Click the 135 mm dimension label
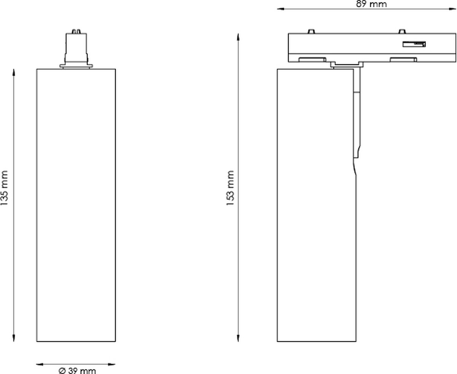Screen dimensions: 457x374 click(4, 188)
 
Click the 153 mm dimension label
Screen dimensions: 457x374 click(230, 188)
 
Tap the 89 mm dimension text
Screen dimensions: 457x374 click(371, 4)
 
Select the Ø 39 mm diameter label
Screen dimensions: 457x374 click(77, 370)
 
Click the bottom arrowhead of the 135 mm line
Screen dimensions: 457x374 click(14, 338)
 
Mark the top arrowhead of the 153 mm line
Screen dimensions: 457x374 click(238, 37)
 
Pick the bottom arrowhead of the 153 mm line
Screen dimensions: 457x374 click(238, 338)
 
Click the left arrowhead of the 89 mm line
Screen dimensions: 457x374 click(281, 9)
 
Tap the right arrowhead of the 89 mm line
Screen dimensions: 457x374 click(452, 9)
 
